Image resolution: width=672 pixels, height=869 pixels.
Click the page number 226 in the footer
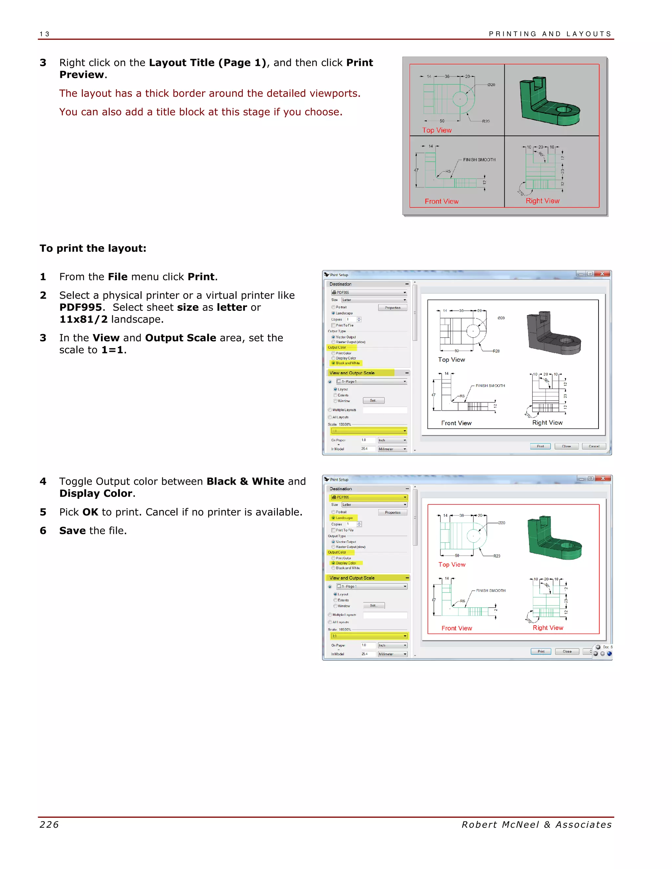point(49,824)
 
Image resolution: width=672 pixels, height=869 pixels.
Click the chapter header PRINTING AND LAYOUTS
point(550,34)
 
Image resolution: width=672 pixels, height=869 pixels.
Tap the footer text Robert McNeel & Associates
point(536,824)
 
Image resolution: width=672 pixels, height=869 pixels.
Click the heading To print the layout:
point(93,248)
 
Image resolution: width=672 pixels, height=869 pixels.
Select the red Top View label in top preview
point(437,130)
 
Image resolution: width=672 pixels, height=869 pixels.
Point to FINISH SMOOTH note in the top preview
point(479,160)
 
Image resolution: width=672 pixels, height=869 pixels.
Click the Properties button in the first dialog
point(392,308)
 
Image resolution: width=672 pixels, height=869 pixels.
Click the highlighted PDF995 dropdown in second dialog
point(368,497)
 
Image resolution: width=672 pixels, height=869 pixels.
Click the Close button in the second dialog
point(567,651)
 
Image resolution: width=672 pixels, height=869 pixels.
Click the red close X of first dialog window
point(602,274)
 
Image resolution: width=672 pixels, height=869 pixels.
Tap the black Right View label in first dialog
point(547,423)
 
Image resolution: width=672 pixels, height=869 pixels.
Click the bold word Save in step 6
point(73,530)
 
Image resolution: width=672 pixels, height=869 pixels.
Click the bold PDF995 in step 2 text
point(80,307)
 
